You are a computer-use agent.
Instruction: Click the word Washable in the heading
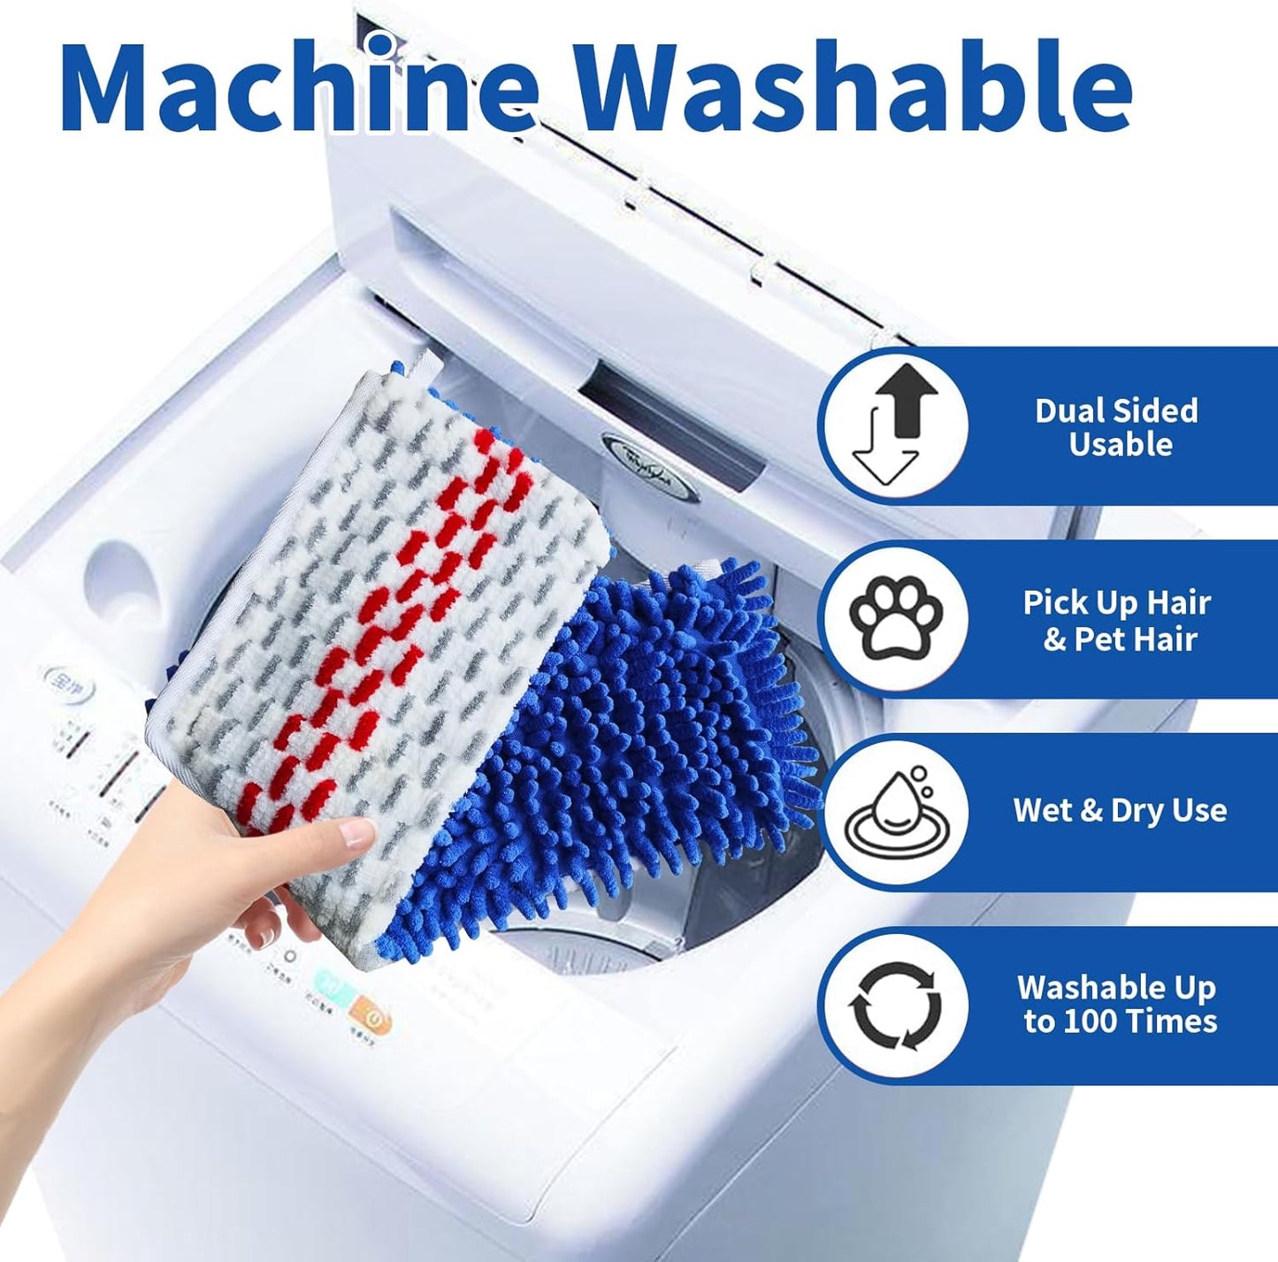[854, 86]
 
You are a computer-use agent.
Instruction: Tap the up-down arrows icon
[893, 426]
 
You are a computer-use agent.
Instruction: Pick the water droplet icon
[895, 812]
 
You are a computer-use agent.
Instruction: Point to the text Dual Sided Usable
[1117, 427]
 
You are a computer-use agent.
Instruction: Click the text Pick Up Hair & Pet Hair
[1117, 620]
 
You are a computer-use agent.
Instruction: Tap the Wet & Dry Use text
[1120, 810]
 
